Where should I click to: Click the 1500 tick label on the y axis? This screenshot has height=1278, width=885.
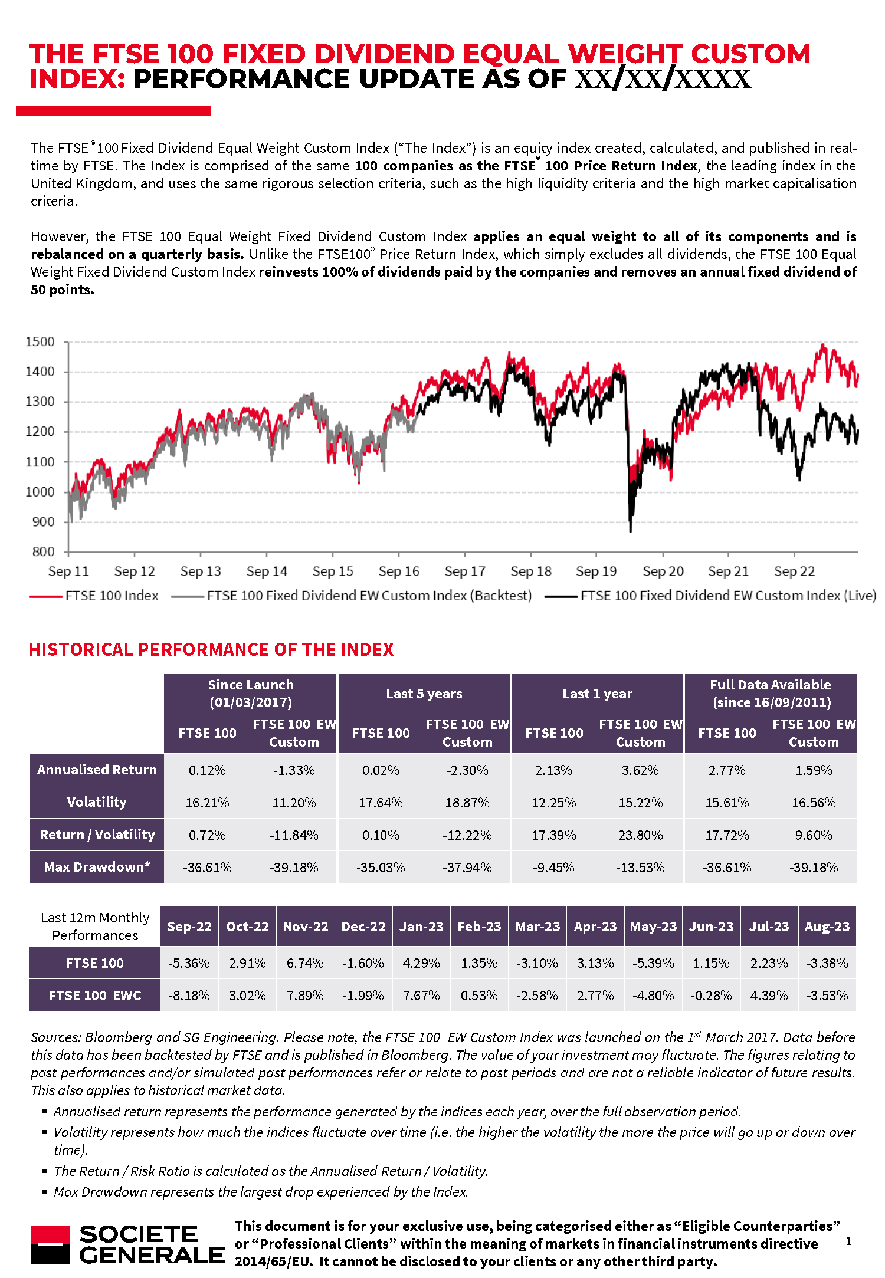(40, 342)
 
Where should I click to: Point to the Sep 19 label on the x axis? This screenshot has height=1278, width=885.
(596, 571)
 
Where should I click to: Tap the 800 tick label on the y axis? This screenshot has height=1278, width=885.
(43, 552)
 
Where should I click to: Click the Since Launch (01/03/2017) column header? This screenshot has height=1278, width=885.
(250, 693)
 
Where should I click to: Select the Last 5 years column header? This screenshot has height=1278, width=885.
(424, 694)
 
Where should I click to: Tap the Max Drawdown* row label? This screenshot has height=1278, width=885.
(97, 867)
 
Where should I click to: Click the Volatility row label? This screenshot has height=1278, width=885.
(97, 802)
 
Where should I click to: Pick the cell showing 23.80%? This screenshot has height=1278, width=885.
(640, 835)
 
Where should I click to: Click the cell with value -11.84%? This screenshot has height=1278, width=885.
(294, 835)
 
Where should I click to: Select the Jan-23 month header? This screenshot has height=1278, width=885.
(421, 927)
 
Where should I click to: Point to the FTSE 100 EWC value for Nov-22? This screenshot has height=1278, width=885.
(305, 996)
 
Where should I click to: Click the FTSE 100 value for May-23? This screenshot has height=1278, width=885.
(653, 963)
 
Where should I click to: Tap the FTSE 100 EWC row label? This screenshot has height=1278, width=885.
(94, 996)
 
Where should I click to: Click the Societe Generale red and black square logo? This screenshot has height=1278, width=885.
(50, 1244)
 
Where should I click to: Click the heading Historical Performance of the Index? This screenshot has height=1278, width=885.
(211, 650)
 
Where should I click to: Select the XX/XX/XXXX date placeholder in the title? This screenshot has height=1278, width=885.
(663, 79)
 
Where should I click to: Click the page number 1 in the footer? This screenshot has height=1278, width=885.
(848, 1241)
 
